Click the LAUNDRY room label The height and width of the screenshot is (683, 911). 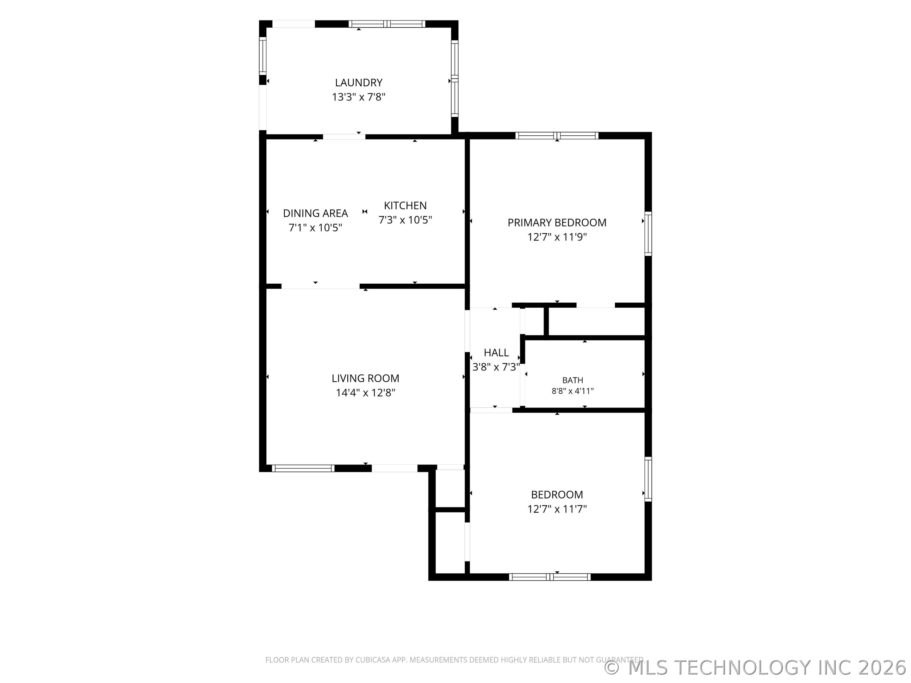pos(358,83)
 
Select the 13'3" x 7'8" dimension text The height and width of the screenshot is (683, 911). pos(358,97)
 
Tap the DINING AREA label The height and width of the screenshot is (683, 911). pos(315,213)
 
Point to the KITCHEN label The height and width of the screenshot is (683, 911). pos(405,206)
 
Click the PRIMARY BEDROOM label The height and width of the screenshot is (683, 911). pos(557,223)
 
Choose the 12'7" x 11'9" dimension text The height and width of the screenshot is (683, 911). pos(557,237)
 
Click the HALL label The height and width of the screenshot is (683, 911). pos(496,353)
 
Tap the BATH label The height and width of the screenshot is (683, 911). pos(573,380)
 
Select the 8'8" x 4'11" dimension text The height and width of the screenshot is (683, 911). pos(573,391)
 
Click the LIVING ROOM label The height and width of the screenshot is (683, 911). pos(365,378)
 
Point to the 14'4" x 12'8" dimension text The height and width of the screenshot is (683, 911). pos(365,393)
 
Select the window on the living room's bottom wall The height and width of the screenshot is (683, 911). pos(303,468)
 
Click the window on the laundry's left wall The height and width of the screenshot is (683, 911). pos(262,56)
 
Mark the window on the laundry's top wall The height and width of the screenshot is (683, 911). pos(387,24)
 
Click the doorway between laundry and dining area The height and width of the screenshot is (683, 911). pos(344,137)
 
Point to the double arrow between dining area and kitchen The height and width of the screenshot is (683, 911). pos(364,212)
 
